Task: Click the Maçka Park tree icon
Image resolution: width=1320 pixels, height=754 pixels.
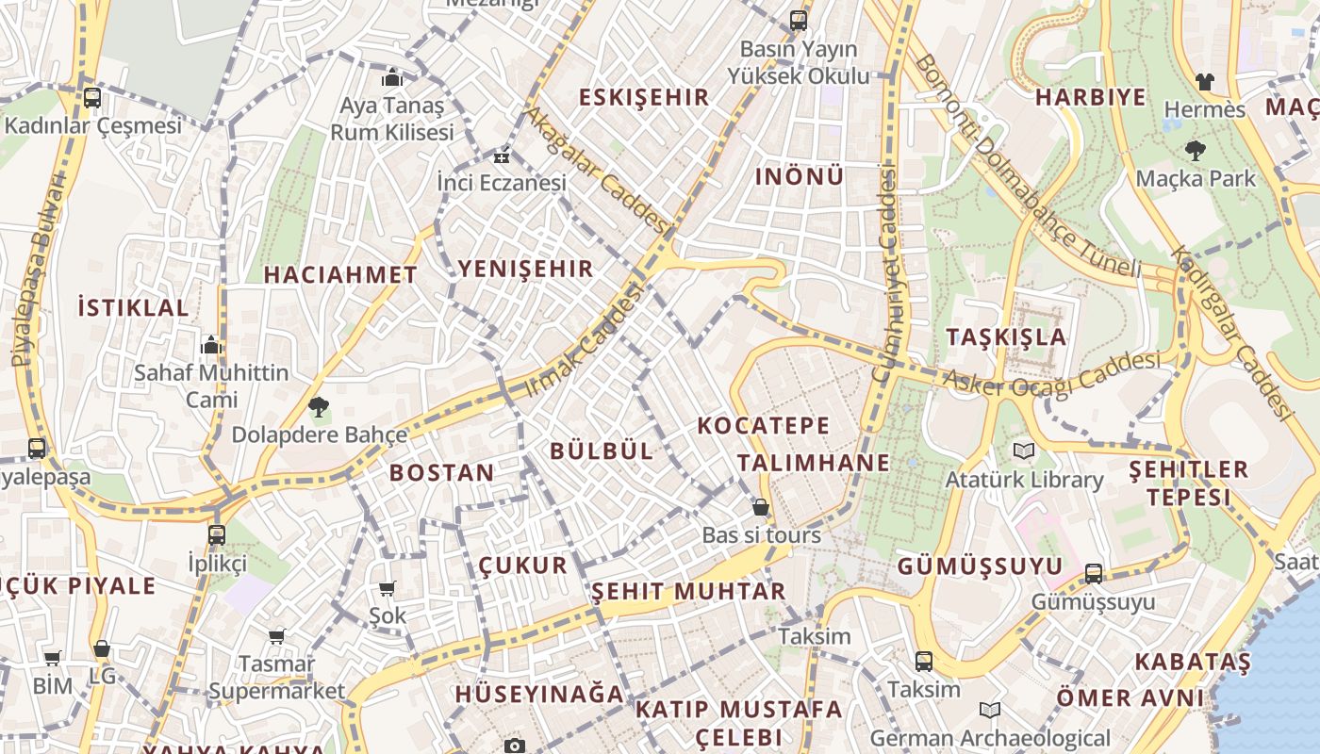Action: pyautogui.click(x=1195, y=150)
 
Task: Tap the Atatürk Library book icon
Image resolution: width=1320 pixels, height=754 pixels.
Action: pyautogui.click(x=1024, y=451)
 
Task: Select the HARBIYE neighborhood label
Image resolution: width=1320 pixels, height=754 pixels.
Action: pyautogui.click(x=1091, y=97)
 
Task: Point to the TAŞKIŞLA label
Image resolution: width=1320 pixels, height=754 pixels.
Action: pyautogui.click(x=1006, y=336)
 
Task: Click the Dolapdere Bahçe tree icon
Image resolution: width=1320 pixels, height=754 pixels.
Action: pyautogui.click(x=319, y=407)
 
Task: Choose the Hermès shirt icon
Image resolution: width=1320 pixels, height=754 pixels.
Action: pyautogui.click(x=1204, y=82)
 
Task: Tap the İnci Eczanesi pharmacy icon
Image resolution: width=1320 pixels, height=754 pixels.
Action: pyautogui.click(x=501, y=156)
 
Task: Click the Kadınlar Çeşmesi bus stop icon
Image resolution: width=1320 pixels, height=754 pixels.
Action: pyautogui.click(x=92, y=97)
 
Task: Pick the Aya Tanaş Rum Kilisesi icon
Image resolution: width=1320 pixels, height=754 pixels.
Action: pyautogui.click(x=392, y=77)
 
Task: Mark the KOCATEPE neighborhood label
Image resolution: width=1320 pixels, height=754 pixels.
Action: pyautogui.click(x=764, y=425)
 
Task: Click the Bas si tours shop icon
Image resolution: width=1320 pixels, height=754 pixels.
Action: pyautogui.click(x=761, y=507)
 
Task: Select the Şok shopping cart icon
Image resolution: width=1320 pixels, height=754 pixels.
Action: pyautogui.click(x=387, y=589)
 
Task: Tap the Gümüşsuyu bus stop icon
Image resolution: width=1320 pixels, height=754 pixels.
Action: pyautogui.click(x=1094, y=573)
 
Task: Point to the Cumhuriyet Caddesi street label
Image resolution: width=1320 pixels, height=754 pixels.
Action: pyautogui.click(x=884, y=273)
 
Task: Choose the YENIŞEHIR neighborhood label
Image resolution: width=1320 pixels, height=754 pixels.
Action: pyautogui.click(x=526, y=269)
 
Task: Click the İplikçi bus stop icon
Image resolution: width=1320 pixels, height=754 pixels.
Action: pyautogui.click(x=217, y=534)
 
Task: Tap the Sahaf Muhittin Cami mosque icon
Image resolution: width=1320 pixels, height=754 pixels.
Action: pyautogui.click(x=211, y=345)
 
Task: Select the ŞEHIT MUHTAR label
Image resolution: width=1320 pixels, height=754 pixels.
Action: pyautogui.click(x=688, y=592)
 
